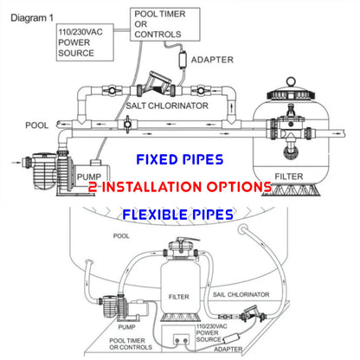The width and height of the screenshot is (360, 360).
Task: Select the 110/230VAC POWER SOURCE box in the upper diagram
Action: point(85,42)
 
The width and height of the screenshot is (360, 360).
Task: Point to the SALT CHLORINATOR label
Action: point(180,105)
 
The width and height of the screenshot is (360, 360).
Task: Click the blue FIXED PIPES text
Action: point(180,159)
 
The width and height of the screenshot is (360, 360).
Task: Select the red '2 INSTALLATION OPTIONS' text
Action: point(180,186)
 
